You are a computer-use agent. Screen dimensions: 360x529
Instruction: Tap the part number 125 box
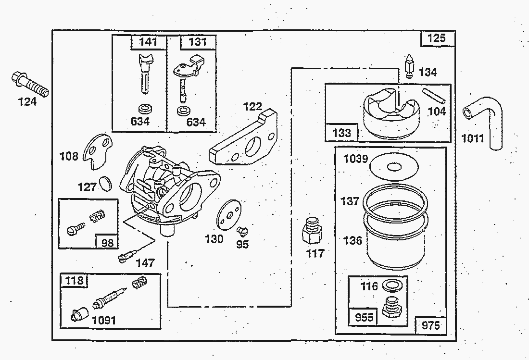(x=437, y=38)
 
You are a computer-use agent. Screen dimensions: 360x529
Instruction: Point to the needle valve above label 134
(x=409, y=67)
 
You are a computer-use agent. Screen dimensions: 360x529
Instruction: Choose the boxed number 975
(x=430, y=325)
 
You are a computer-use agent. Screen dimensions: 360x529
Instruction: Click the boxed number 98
(x=108, y=242)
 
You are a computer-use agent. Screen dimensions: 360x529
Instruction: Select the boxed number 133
(x=341, y=133)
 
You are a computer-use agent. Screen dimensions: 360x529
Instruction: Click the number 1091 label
(x=104, y=320)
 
